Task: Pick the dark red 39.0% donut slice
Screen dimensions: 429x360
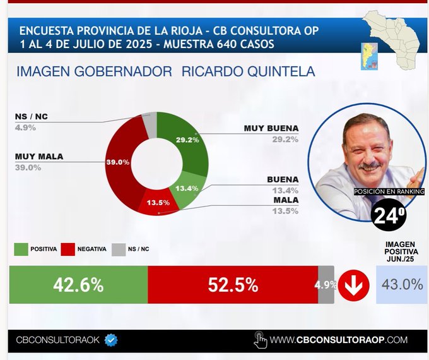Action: tap(120, 164)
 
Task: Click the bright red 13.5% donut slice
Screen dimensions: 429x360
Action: tap(159, 203)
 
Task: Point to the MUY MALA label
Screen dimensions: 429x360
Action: tap(39, 157)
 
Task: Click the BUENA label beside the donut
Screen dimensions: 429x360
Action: tap(283, 180)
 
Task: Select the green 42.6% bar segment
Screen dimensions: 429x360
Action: tap(78, 285)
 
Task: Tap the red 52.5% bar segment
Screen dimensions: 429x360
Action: tap(233, 285)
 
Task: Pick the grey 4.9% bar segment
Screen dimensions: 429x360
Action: tap(326, 285)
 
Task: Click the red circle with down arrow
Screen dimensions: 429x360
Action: tap(353, 285)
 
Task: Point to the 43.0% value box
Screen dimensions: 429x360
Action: tap(401, 284)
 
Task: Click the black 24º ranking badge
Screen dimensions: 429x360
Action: tap(389, 215)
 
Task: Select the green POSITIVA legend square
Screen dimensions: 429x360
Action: tap(21, 249)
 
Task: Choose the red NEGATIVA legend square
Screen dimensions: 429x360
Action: tap(68, 249)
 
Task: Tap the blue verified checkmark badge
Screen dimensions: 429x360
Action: tap(111, 340)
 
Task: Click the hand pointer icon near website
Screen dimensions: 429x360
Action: tap(260, 340)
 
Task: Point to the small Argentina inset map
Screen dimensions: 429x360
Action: tap(369, 56)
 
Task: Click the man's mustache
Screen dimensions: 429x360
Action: tap(370, 166)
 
